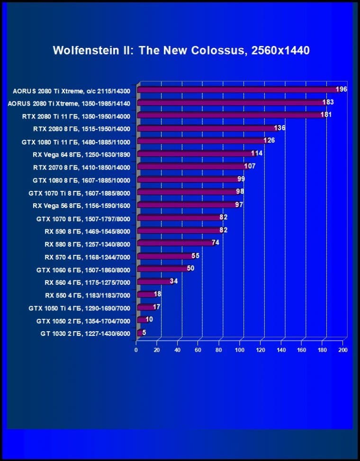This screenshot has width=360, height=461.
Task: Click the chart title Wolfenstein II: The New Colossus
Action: [181, 50]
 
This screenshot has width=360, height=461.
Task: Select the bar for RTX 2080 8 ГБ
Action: [206, 128]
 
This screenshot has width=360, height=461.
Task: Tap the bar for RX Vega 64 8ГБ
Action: [195, 154]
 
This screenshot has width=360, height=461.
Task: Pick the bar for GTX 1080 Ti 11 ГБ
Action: [201, 141]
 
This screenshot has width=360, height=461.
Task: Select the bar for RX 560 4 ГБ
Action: [154, 282]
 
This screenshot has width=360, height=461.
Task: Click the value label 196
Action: [341, 90]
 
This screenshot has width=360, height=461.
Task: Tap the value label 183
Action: [328, 102]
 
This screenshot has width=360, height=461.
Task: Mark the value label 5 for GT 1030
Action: [144, 333]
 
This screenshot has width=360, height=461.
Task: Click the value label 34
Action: [173, 281]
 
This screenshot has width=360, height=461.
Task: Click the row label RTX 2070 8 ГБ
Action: [85, 167]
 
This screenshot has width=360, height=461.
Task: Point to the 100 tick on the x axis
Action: [240, 350]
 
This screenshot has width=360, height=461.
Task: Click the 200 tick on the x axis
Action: [343, 350]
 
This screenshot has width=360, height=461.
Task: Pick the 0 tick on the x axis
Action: [136, 350]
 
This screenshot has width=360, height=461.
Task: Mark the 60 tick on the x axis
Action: [198, 350]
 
